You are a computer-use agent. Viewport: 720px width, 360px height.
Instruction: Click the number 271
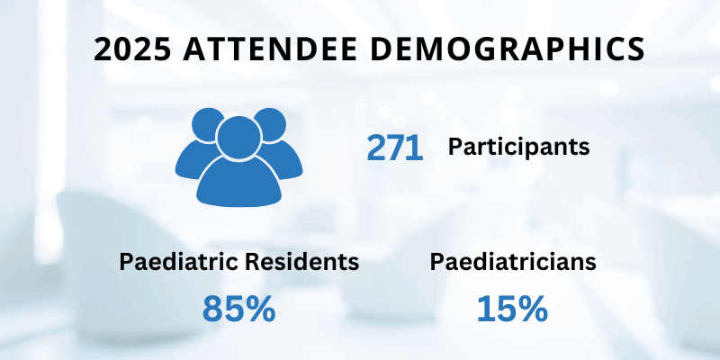(x=394, y=148)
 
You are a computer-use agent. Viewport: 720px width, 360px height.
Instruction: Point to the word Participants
(x=519, y=146)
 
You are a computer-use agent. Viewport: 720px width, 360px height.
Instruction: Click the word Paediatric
(x=175, y=262)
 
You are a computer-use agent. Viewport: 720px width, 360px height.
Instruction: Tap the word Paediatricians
(x=512, y=262)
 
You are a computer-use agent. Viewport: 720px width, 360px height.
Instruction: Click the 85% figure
(x=238, y=309)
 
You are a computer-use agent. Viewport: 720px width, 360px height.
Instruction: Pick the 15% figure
(x=512, y=309)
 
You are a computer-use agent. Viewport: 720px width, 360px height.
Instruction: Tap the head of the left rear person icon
(x=207, y=123)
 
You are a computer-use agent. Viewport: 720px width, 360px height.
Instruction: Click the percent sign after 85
(x=260, y=309)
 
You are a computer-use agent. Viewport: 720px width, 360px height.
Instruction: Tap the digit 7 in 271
(x=395, y=148)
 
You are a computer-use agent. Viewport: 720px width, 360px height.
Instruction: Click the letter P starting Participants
(x=454, y=146)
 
